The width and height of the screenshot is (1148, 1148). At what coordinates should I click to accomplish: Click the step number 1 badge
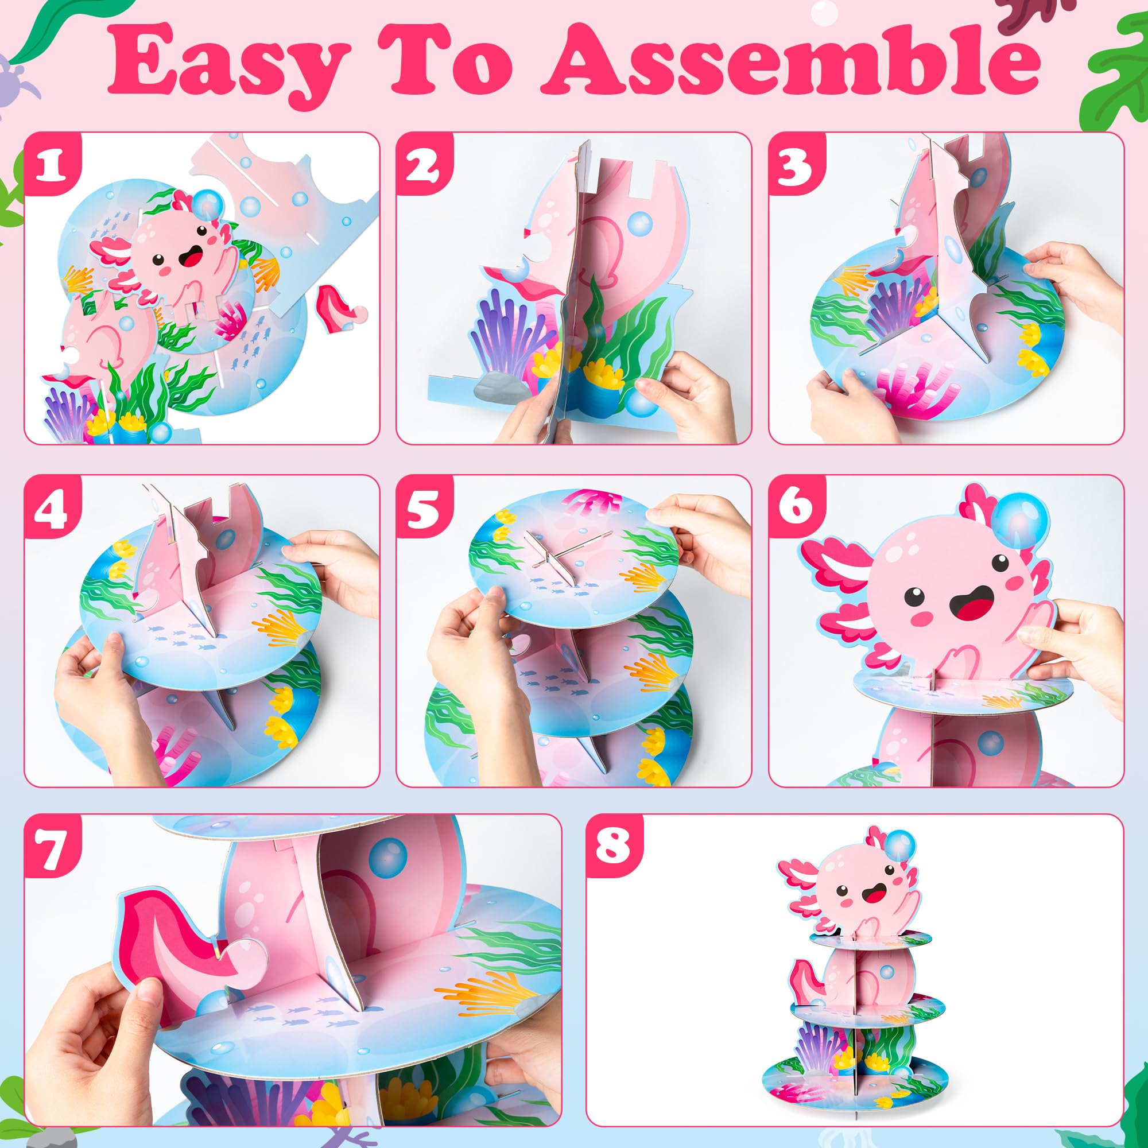pyautogui.click(x=52, y=165)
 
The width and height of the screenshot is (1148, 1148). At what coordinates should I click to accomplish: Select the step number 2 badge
pyautogui.click(x=424, y=165)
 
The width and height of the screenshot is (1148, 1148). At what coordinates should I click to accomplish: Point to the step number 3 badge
pyautogui.click(x=796, y=165)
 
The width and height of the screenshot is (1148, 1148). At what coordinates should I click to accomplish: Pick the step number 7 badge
pyautogui.click(x=52, y=847)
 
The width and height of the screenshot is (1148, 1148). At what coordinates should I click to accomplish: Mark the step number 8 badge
pyautogui.click(x=614, y=847)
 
